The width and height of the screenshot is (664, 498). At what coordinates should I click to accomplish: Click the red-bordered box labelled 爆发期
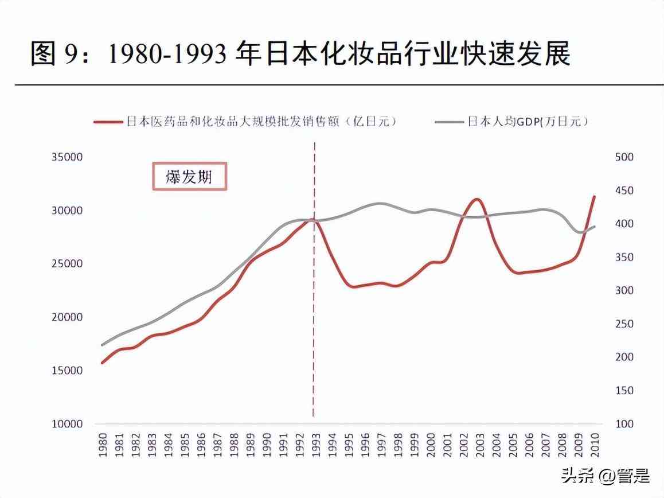(x=189, y=176)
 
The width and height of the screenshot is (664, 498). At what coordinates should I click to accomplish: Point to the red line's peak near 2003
(x=477, y=199)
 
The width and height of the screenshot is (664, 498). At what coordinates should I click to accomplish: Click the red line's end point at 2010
(x=595, y=196)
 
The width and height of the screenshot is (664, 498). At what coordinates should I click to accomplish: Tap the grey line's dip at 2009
(x=580, y=232)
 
